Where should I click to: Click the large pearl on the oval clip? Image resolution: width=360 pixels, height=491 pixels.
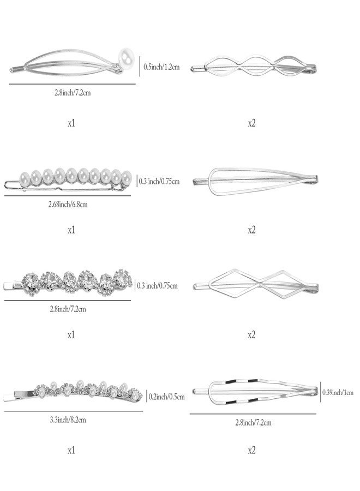127,57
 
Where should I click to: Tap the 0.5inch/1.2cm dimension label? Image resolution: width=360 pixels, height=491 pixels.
161,67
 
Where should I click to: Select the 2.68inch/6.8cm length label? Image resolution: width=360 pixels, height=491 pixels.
68,205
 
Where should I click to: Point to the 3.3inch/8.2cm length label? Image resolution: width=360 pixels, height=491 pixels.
68,420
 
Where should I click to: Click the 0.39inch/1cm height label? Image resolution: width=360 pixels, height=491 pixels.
338,392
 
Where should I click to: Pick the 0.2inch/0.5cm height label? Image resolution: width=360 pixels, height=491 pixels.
166,397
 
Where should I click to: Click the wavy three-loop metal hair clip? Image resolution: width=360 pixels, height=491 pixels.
254,67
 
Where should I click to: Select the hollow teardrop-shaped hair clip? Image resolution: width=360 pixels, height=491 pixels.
255,181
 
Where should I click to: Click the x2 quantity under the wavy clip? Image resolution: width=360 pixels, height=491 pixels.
251,123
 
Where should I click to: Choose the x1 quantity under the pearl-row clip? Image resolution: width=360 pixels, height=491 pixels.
71,230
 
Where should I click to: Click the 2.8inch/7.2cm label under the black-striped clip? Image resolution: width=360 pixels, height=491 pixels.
253,422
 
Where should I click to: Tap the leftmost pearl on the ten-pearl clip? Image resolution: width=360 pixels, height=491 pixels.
25,177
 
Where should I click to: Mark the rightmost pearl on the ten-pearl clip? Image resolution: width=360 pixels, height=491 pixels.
126,177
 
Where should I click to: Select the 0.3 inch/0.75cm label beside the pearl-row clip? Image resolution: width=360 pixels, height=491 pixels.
159,181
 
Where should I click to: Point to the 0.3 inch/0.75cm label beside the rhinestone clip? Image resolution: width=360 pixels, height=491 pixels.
157,285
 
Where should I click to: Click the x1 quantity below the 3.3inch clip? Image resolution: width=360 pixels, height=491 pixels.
71,450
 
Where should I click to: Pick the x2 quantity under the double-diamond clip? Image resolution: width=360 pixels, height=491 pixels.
251,335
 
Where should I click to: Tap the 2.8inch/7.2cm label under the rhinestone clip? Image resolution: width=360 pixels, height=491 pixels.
68,309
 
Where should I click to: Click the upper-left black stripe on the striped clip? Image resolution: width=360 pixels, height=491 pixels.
230,382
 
